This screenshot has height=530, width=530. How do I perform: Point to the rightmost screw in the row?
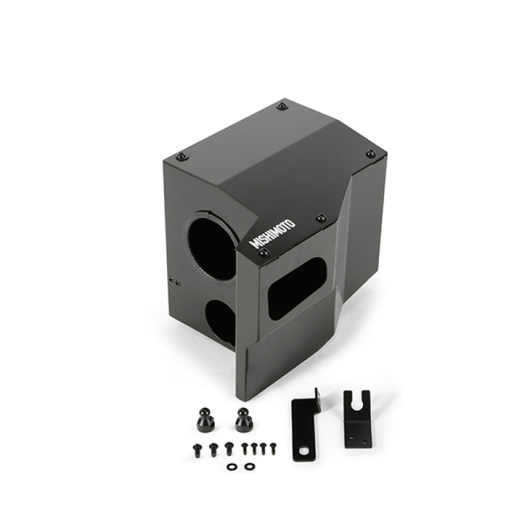point(273,445)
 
